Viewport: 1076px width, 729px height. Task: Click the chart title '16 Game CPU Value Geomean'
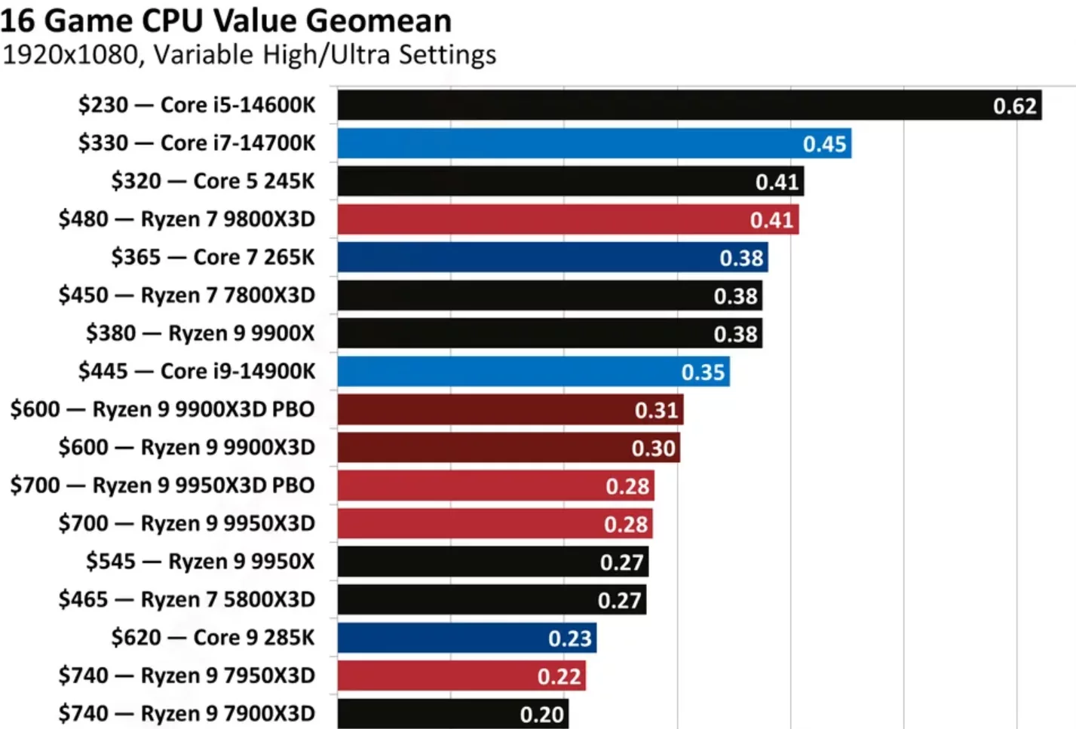coord(226,20)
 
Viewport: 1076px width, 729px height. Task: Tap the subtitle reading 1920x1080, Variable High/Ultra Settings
coord(250,55)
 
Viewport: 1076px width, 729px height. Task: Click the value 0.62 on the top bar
coord(1015,106)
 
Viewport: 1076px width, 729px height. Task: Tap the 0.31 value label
coord(657,410)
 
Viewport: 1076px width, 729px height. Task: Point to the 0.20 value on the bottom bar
coord(542,714)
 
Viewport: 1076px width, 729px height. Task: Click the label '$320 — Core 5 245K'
coord(213,181)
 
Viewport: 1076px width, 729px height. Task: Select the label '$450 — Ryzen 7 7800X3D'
coord(186,295)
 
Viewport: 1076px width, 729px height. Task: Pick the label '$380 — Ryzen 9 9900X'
coord(200,333)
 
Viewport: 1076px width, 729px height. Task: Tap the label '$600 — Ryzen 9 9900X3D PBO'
coord(162,409)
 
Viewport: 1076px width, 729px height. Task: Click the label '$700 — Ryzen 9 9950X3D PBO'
coord(162,485)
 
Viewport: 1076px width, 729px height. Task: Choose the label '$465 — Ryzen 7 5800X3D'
coord(186,599)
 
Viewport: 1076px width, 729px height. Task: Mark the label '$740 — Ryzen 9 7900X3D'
coord(186,713)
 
